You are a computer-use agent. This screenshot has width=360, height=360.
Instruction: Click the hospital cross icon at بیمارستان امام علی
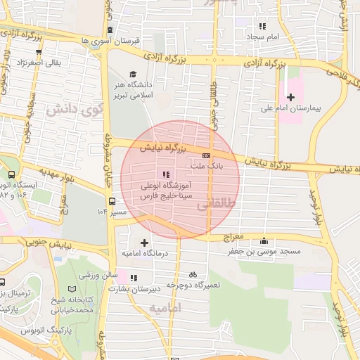pyautogui.click(x=290, y=96)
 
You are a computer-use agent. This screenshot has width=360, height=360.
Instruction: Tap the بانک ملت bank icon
pyautogui.click(x=206, y=155)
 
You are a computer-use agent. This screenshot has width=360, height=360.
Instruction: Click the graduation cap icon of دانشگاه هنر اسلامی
pyautogui.click(x=132, y=74)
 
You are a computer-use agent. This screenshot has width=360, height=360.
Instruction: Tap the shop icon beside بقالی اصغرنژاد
pyautogui.click(x=38, y=51)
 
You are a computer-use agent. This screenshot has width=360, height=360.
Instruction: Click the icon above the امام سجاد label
pyautogui.click(x=262, y=25)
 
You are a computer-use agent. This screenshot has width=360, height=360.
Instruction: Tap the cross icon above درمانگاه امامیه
pyautogui.click(x=144, y=243)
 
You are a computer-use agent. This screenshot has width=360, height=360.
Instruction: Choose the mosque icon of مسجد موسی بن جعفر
pyautogui.click(x=264, y=241)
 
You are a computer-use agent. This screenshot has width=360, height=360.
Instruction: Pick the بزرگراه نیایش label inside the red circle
pyautogui.click(x=164, y=148)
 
